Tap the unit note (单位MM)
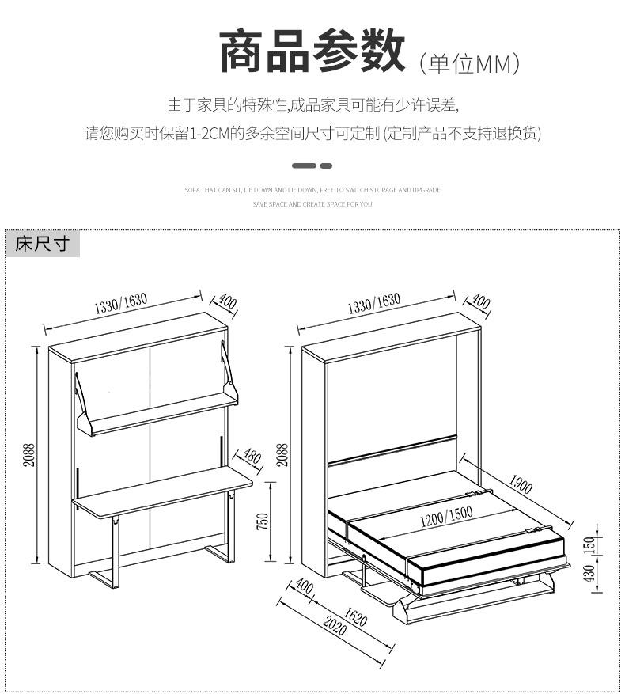[x=469, y=63]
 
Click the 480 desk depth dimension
[x=251, y=457]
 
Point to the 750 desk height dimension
[x=263, y=522]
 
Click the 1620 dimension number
[x=356, y=617]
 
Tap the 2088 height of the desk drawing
[x=28, y=455]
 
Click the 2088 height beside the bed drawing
[x=282, y=455]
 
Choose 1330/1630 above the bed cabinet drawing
[x=374, y=303]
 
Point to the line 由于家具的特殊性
[x=312, y=104]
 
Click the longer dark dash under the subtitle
[x=304, y=165]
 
